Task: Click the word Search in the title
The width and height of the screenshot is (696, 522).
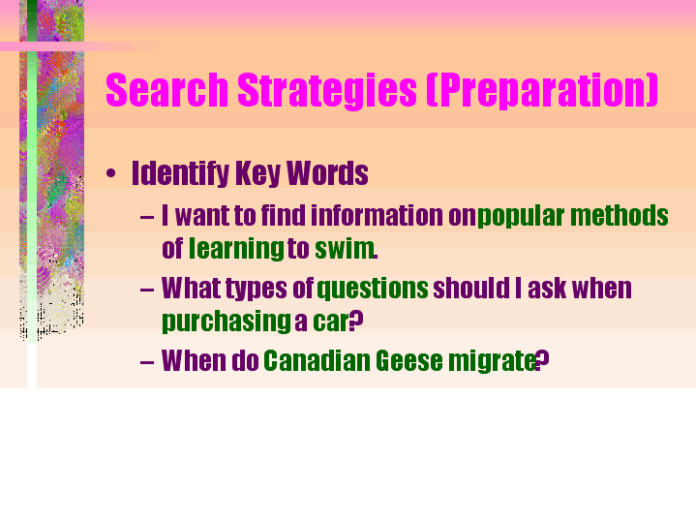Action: tap(166, 90)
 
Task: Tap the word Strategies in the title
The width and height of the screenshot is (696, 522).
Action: tap(327, 91)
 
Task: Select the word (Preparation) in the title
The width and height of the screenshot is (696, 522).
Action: tap(542, 91)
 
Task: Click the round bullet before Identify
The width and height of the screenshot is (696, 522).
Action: tap(111, 173)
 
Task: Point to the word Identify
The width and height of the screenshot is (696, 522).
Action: tap(180, 173)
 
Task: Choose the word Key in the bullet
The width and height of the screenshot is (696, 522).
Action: tap(257, 173)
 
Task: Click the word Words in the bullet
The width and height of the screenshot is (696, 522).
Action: tap(327, 173)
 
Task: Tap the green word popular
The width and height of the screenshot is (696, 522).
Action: tap(521, 217)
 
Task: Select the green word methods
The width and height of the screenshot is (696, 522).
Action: tap(620, 215)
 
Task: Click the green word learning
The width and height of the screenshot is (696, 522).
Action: tap(236, 249)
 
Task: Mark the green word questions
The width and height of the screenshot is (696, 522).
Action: tap(373, 290)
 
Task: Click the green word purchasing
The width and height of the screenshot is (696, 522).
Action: tap(227, 322)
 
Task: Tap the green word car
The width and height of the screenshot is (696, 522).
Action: tap(331, 322)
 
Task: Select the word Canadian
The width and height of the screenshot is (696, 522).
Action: tap(317, 360)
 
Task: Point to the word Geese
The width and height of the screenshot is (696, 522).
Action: tap(409, 360)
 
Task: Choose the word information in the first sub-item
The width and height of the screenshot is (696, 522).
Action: tap(377, 215)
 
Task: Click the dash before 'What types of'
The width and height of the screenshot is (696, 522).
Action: tap(146, 291)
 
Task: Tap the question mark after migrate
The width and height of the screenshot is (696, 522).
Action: tap(543, 360)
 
